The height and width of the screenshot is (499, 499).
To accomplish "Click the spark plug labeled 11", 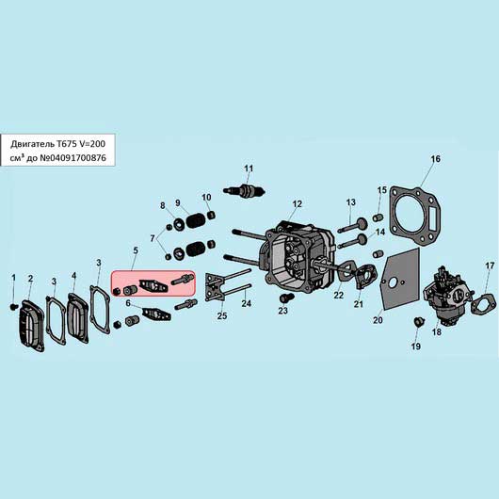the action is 244,191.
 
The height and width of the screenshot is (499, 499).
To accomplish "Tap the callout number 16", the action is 435,159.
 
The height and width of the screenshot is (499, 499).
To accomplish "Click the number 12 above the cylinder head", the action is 297,203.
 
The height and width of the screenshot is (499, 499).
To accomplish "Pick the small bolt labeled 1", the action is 13,307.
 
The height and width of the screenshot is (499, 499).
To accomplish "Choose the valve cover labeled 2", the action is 31,325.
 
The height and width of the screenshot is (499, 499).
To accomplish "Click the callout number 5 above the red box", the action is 136,250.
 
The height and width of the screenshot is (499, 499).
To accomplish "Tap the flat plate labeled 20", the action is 400,279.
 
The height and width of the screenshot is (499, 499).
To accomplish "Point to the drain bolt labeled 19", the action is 419,322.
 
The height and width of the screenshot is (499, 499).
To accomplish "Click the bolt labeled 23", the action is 286,298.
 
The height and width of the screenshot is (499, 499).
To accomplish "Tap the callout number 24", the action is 246,303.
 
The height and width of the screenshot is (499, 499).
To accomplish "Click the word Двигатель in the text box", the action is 32,144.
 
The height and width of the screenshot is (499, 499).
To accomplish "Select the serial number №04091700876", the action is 72,157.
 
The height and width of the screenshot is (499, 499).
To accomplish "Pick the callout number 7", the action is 153,238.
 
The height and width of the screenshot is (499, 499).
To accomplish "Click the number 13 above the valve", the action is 350,202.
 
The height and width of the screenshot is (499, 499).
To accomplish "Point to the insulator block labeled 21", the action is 363,276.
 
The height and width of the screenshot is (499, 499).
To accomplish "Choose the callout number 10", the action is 206,198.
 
